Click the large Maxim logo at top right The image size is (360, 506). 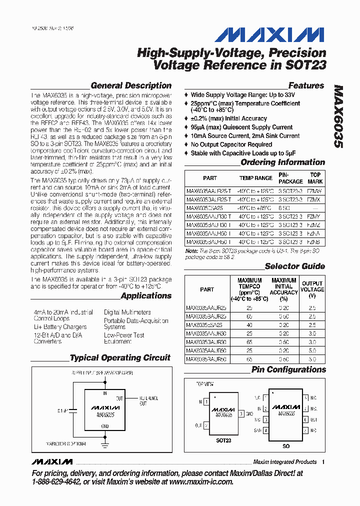[x=269, y=34]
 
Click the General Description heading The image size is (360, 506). [x=131, y=85]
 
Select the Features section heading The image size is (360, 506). [x=306, y=85]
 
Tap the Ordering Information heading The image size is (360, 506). [x=282, y=162]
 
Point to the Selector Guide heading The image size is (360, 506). [x=294, y=266]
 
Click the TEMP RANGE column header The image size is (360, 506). [x=256, y=178]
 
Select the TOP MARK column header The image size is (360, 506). [x=315, y=178]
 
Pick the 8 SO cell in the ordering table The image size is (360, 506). [x=285, y=208]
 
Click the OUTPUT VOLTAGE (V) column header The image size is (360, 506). [x=312, y=289]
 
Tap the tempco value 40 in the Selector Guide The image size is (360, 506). [x=249, y=323]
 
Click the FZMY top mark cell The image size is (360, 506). [x=313, y=216]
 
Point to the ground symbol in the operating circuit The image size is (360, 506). [x=105, y=435]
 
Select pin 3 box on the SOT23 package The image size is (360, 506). [x=241, y=413]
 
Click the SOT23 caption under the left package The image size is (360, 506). [x=223, y=441]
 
